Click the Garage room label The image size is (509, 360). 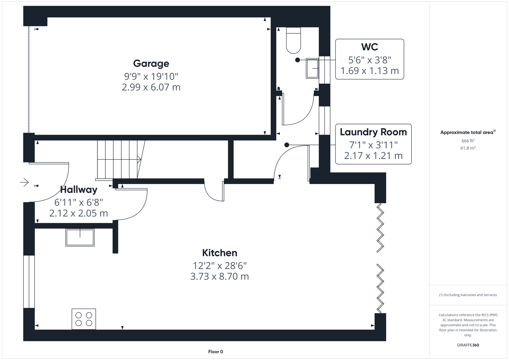pos(151,63)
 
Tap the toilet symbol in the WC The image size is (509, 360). pos(293,40)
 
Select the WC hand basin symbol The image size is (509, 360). pos(312,68)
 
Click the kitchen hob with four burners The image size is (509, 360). pos(84,319)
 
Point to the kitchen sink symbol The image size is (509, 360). pos(80,237)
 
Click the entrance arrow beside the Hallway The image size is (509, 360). pos(24,182)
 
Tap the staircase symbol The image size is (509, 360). pos(118,160)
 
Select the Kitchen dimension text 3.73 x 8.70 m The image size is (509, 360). pos(219,277)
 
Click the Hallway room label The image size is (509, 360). pos(79,190)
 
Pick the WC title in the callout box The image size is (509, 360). pos(369,47)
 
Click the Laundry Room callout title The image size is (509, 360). pos(373,132)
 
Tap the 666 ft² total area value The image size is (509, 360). pos(468,141)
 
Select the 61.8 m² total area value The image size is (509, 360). pos(468,148)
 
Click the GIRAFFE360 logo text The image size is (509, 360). pos(468,345)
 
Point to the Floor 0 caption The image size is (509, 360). pos(215,352)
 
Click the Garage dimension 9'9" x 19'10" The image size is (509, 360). pos(151,77)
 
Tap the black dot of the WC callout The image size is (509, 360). pos(297,60)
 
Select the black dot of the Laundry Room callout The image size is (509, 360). pos(287,145)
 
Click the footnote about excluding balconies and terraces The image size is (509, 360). pos(468,295)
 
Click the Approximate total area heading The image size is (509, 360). pos(467,132)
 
